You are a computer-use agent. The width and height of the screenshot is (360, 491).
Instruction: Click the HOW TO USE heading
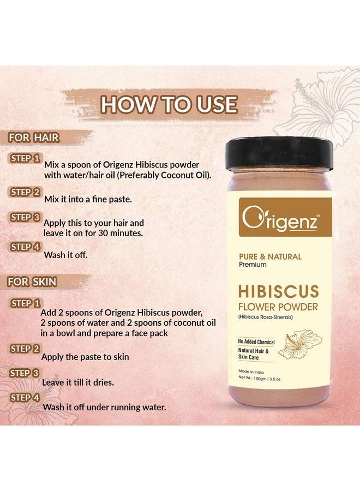click(x=169, y=104)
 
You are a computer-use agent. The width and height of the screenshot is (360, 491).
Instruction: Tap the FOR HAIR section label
click(x=33, y=137)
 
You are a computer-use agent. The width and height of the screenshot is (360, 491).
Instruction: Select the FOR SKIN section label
click(x=33, y=282)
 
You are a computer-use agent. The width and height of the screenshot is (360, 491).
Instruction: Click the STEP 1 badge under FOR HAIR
click(x=25, y=158)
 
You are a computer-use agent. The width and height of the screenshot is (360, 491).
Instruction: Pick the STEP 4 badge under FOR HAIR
click(x=25, y=247)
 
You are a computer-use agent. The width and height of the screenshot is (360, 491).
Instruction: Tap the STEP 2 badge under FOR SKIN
click(x=25, y=349)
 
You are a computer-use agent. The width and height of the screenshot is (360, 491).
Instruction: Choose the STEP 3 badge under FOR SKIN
click(x=25, y=373)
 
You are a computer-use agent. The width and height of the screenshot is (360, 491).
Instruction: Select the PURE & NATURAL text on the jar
click(x=270, y=256)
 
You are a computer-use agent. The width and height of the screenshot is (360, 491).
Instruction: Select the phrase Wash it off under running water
click(x=104, y=407)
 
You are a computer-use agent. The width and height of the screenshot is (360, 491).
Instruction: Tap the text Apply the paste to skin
click(x=85, y=357)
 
